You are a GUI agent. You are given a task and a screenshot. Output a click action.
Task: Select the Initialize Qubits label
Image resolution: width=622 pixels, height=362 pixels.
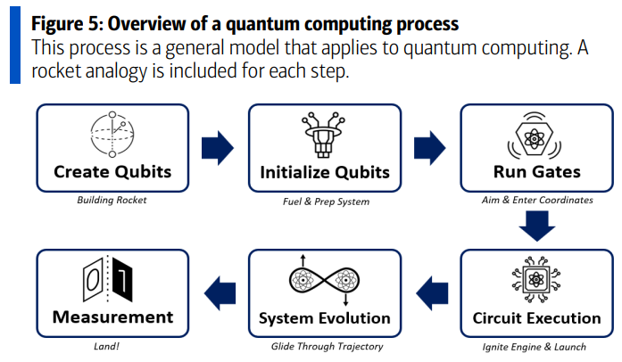click(x=324, y=171)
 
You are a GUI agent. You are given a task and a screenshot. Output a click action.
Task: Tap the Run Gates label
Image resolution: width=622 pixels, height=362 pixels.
click(x=536, y=171)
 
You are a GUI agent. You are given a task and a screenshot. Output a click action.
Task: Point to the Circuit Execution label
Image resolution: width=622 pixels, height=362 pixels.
click(x=536, y=317)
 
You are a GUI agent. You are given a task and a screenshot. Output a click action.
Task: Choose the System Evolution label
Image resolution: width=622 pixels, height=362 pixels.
click(x=324, y=317)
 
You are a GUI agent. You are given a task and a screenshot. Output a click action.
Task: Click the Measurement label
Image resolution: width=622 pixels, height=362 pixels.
click(x=112, y=317)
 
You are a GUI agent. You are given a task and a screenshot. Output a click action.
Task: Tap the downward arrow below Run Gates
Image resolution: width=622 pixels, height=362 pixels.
click(x=536, y=227)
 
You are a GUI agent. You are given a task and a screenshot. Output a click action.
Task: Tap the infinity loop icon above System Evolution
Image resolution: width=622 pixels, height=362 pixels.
click(x=324, y=280)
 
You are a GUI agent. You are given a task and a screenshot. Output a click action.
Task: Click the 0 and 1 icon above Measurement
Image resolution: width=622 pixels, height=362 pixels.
click(x=112, y=279)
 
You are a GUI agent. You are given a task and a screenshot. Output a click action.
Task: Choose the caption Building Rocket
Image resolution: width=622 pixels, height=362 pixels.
click(x=112, y=200)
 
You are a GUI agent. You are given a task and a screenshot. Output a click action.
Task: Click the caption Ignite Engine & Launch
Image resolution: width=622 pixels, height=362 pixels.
click(x=536, y=346)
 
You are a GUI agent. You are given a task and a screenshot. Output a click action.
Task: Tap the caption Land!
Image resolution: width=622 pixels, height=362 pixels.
click(x=112, y=346)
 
